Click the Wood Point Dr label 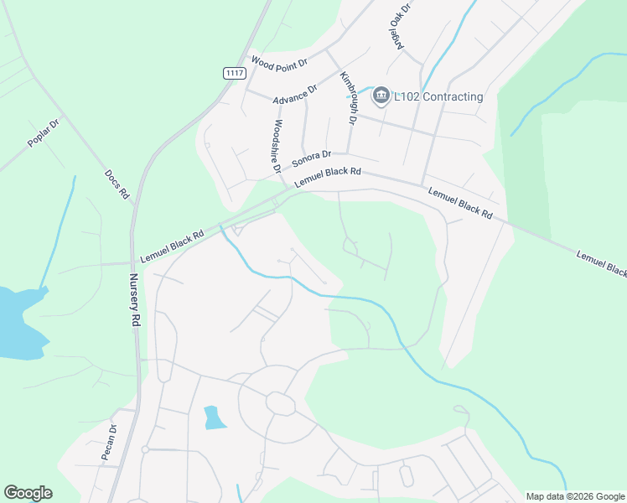tap(280, 60)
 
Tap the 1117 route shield tap(235, 73)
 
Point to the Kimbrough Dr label tap(348, 98)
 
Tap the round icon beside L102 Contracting tap(381, 96)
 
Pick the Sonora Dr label tap(312, 158)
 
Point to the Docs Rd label tap(117, 184)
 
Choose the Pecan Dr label tap(109, 441)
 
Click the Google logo tap(28, 493)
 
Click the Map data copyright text tap(574, 495)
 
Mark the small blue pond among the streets tap(215, 417)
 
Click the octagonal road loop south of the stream tap(280, 403)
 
